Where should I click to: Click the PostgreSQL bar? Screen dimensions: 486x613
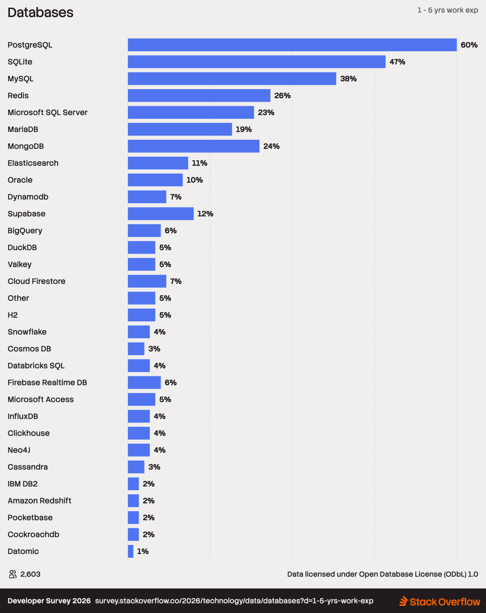292,45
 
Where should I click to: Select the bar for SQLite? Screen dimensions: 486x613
256,62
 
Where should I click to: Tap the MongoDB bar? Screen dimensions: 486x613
193,146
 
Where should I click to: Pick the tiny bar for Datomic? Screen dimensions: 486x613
130,551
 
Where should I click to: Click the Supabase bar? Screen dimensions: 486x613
161,214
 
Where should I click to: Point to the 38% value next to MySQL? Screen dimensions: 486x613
348,79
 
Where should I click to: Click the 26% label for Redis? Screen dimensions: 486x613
282,95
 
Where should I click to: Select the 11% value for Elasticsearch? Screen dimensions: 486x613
199,163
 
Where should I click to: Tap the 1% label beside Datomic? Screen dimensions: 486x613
143,551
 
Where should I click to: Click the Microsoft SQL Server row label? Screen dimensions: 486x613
48,113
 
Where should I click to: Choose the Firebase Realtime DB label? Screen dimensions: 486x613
47,383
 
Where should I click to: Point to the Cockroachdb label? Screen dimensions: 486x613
33,534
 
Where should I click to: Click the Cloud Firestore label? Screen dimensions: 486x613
36,281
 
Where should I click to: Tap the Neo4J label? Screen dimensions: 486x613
19,450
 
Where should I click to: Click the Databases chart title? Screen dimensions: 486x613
40,13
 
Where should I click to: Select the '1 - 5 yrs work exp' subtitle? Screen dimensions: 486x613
448,10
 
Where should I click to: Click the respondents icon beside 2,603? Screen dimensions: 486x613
13,574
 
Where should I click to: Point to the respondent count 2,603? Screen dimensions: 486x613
31,574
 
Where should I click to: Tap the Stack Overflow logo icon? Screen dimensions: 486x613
404,601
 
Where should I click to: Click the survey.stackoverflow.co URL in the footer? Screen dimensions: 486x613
234,601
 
